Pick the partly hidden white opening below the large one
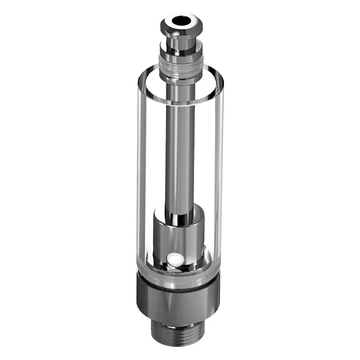179,270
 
